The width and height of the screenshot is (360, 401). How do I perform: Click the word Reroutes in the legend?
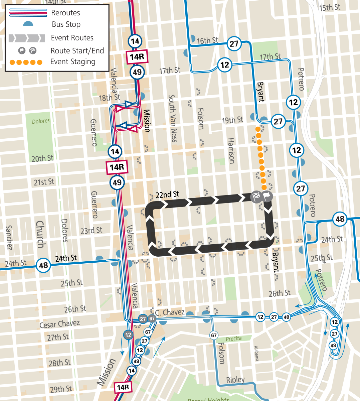pyautogui.click(x=65, y=13)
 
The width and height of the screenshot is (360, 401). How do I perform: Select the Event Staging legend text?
pyautogui.click(x=73, y=62)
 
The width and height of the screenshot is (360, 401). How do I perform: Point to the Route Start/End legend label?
pyautogui.click(x=77, y=51)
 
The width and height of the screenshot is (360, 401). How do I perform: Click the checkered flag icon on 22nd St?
pyautogui.click(x=256, y=196)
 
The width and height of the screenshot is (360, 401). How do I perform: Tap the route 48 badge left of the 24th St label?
pyautogui.click(x=43, y=265)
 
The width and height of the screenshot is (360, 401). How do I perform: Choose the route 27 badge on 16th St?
pyautogui.click(x=234, y=44)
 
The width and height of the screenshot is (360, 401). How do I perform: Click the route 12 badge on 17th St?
pyautogui.click(x=225, y=64)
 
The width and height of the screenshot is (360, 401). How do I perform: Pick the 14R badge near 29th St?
pyautogui.click(x=123, y=387)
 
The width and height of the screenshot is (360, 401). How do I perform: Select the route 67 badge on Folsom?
pyautogui.click(x=214, y=335)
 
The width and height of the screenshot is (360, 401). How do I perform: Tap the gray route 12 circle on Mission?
pyautogui.click(x=128, y=335)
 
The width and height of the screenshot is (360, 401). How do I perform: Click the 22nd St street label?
pyautogui.click(x=167, y=194)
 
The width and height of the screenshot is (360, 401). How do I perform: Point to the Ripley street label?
pyautogui.click(x=235, y=380)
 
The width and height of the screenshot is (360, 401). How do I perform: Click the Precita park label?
pyautogui.click(x=234, y=339)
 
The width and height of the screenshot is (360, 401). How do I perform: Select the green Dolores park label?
pyautogui.click(x=41, y=121)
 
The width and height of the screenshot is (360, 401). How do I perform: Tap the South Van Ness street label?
pyautogui.click(x=173, y=118)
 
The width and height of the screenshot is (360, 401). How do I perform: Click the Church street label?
pyautogui.click(x=40, y=234)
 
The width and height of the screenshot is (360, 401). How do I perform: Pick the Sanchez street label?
pyautogui.click(x=9, y=238)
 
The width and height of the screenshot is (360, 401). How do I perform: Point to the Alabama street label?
pyautogui.click(x=256, y=353)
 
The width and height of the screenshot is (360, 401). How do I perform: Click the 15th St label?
pyautogui.click(x=330, y=7)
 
